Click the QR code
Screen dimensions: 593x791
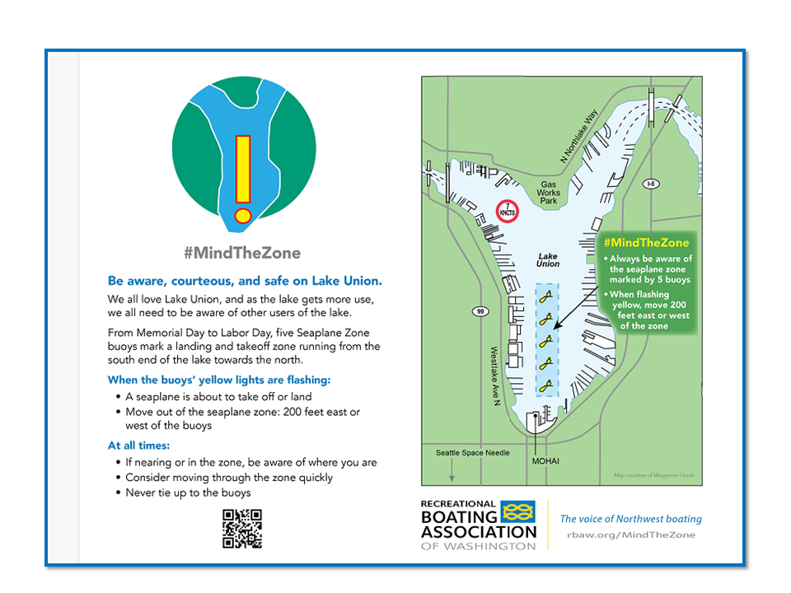point(242,529)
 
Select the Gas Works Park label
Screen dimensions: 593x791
point(549,193)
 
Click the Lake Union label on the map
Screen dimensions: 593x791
point(548,260)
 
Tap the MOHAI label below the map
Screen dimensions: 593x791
point(545,460)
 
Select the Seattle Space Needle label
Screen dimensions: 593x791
point(473,453)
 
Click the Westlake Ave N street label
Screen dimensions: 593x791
point(495,375)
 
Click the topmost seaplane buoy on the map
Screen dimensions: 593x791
point(545,301)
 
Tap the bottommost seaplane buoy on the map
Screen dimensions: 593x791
point(545,383)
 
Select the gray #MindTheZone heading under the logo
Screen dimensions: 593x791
point(242,253)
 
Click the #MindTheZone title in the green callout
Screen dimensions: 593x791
point(646,243)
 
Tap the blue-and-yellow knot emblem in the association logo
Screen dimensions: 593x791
point(517,513)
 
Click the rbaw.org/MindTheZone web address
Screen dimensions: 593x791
point(631,535)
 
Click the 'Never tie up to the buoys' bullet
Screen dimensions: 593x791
point(188,493)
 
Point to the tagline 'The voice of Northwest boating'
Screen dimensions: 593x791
point(631,519)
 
